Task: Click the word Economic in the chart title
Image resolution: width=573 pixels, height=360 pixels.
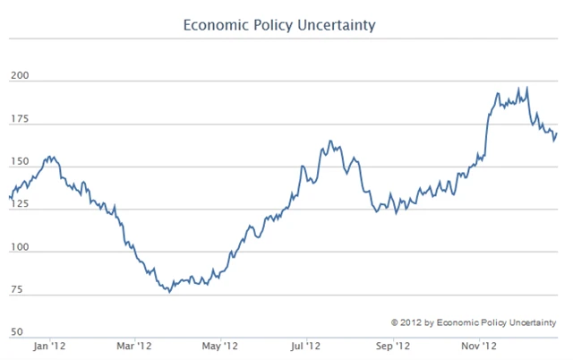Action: (x=214, y=24)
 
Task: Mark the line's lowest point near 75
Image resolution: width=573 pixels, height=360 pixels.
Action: (x=168, y=292)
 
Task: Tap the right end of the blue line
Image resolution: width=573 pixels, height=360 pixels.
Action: (x=556, y=133)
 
